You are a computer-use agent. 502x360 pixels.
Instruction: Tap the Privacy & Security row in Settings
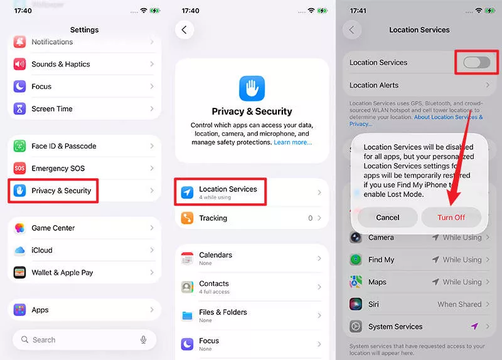61,191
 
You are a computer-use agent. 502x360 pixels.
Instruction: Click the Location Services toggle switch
476,62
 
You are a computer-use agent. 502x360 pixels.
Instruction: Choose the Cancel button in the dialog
387,217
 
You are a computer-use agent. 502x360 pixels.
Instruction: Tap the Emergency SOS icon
20,168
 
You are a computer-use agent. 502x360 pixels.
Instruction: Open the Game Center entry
53,228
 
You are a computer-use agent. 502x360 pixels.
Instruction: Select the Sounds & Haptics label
61,64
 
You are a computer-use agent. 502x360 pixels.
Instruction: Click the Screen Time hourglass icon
20,109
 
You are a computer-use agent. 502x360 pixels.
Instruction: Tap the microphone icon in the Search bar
144,339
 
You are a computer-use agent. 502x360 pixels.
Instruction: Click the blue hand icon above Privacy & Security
252,88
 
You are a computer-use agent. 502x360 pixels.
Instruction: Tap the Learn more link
292,142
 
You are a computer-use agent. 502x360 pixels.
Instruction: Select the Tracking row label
213,218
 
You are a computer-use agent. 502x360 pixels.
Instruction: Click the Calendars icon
187,258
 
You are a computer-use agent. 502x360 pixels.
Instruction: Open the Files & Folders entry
223,315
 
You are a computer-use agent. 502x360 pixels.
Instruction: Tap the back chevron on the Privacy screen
184,29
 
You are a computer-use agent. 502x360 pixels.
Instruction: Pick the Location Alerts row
374,85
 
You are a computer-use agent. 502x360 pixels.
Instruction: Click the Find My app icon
356,260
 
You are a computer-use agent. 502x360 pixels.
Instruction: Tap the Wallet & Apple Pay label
62,273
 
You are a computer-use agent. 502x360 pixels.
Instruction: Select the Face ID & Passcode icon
20,146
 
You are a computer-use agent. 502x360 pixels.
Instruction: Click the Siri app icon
356,304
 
